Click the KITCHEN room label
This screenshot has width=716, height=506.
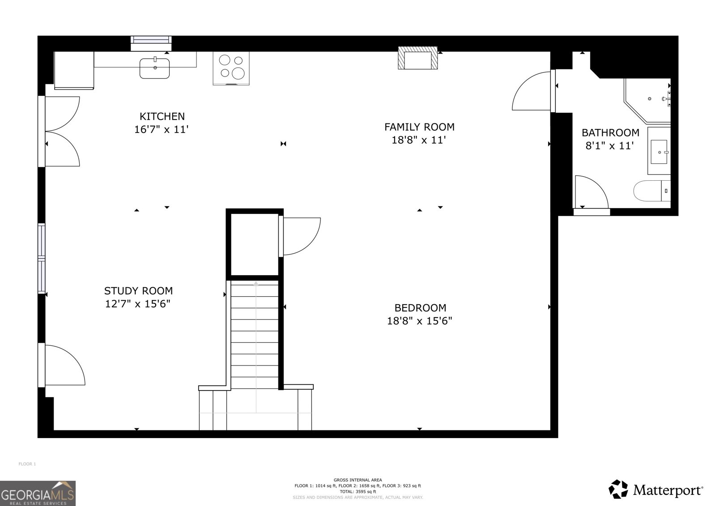[x=162, y=116]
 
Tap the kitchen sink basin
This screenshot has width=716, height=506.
[x=154, y=68]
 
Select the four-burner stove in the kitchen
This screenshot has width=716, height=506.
[x=231, y=68]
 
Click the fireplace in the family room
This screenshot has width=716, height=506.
[x=418, y=59]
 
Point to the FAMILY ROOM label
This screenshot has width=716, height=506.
[x=419, y=127]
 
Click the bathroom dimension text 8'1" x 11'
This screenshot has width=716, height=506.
[x=609, y=145]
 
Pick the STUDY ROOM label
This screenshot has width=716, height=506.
[x=138, y=291]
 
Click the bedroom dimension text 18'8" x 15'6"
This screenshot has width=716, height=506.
[x=419, y=321]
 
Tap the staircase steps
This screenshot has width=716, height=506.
[x=256, y=336]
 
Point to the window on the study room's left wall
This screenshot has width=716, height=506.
[x=42, y=258]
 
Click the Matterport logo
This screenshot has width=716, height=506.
[x=656, y=489]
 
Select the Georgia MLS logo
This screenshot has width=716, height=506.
[x=38, y=493]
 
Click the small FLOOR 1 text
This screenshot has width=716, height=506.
[x=27, y=464]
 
